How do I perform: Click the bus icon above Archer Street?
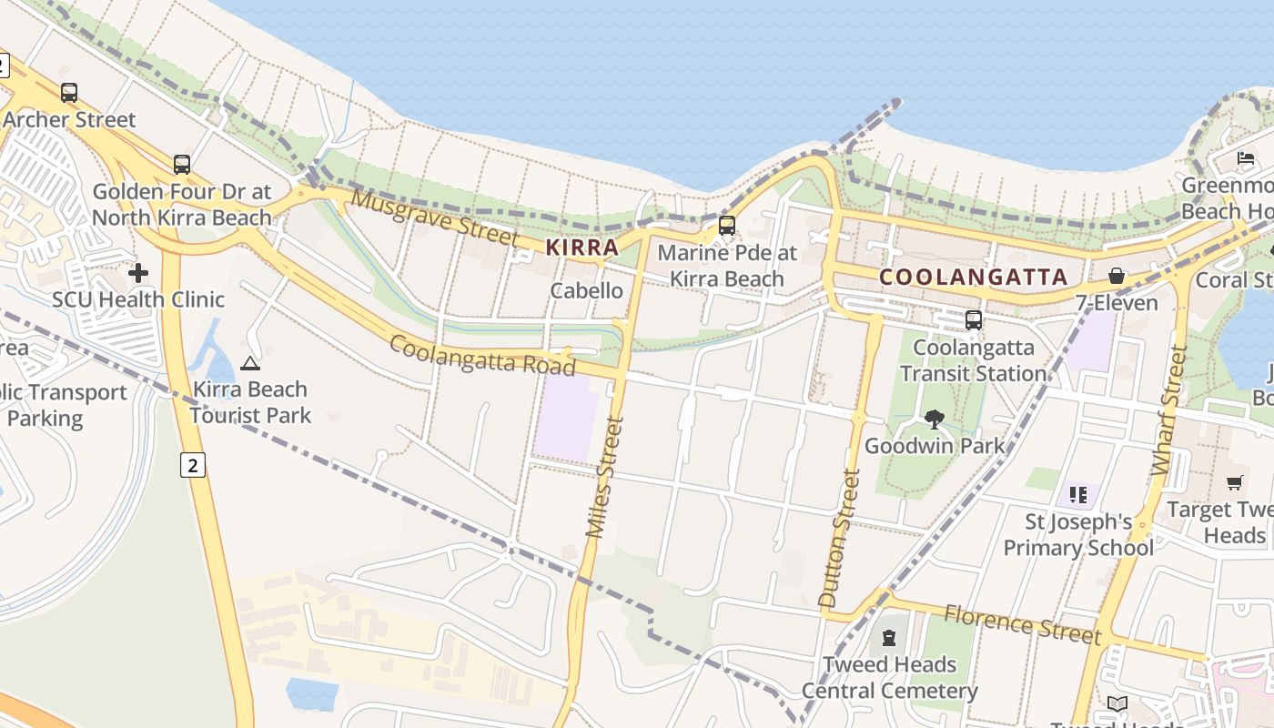pyautogui.click(x=69, y=92)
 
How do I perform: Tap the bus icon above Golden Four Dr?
pyautogui.click(x=182, y=165)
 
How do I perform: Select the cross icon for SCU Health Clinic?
pyautogui.click(x=138, y=272)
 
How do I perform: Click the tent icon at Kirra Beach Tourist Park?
pyautogui.click(x=250, y=363)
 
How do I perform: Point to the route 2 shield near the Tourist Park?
pyautogui.click(x=193, y=465)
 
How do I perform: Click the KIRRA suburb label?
pyautogui.click(x=582, y=247)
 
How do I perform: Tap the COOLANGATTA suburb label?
pyautogui.click(x=974, y=277)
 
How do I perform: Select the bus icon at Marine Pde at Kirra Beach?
pyautogui.click(x=726, y=226)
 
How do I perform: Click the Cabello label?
pyautogui.click(x=587, y=291)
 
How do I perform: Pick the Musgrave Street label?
pyautogui.click(x=435, y=216)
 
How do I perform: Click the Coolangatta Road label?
pyautogui.click(x=482, y=355)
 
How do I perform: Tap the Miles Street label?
pyautogui.click(x=605, y=477)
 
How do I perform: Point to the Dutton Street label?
pyautogui.click(x=839, y=537)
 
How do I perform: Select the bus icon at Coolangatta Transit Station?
pyautogui.click(x=974, y=320)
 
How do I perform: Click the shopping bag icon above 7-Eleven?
pyautogui.click(x=1117, y=276)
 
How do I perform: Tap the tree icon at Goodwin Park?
pyautogui.click(x=934, y=420)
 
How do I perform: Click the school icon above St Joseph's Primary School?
pyautogui.click(x=1078, y=495)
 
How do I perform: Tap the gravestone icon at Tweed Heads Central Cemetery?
pyautogui.click(x=889, y=638)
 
